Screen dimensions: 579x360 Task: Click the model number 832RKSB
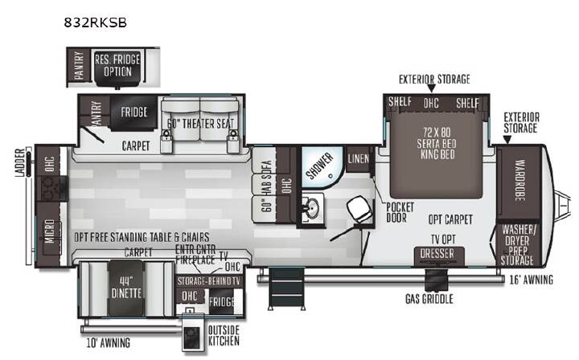point(95,22)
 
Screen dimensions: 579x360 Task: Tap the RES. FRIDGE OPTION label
point(117,65)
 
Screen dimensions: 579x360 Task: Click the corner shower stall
point(321,166)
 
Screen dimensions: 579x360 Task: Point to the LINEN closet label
point(358,159)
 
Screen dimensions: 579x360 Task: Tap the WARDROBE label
point(520,180)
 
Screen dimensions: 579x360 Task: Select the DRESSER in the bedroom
point(437,255)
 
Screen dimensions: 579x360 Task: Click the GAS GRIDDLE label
point(429,299)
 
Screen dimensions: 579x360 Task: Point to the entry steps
point(286,288)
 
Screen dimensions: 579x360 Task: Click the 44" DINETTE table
point(126,288)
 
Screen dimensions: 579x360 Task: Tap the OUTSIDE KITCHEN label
point(224,336)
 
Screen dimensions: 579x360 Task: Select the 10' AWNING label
point(109,343)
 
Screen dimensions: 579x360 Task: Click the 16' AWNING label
point(531,280)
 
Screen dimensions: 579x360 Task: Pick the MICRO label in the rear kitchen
point(50,231)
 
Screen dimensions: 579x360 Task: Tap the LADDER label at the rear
point(20,162)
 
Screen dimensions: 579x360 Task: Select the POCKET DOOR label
point(400,212)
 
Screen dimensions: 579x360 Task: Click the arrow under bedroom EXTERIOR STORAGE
point(431,88)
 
